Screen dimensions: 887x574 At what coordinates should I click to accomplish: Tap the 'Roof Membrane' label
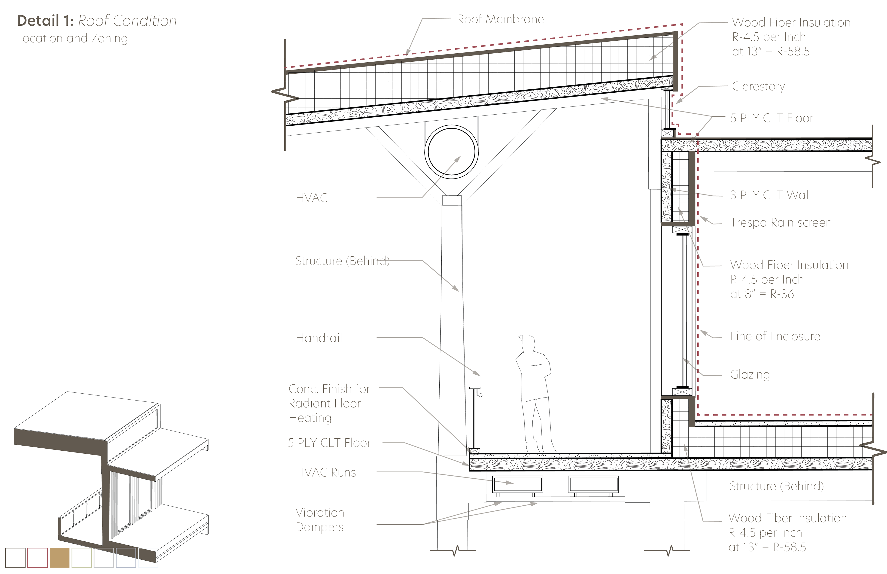[x=501, y=19]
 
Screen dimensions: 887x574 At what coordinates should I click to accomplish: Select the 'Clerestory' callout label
[x=758, y=86]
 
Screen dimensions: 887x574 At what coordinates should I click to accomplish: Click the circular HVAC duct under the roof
[x=451, y=152]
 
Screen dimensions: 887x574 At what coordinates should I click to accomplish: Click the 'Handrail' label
[x=319, y=338]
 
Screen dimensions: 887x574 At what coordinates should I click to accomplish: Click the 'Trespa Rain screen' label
[x=781, y=222]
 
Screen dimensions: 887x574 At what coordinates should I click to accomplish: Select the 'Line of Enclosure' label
[x=775, y=336]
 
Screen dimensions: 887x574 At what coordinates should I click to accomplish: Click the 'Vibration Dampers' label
[x=320, y=519]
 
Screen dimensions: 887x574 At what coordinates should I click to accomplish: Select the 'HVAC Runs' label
[x=326, y=473]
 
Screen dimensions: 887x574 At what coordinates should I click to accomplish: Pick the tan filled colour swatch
[x=60, y=558]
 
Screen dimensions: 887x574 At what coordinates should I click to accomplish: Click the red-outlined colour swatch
[x=38, y=558]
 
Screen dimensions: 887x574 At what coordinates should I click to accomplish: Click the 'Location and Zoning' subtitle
[x=72, y=38]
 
